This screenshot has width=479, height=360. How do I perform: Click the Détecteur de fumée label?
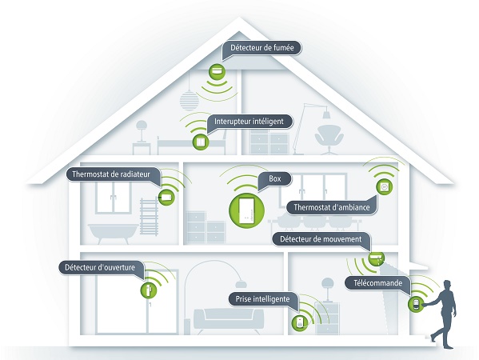pyautogui.click(x=261, y=48)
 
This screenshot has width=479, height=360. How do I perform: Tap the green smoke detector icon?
pyautogui.click(x=217, y=72)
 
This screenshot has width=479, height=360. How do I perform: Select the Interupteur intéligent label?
pyautogui.click(x=249, y=122)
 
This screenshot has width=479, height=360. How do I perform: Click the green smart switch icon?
pyautogui.click(x=201, y=142)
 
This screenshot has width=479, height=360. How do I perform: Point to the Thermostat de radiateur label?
pyautogui.click(x=111, y=174)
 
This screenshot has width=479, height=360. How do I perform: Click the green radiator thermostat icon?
pyautogui.click(x=166, y=197)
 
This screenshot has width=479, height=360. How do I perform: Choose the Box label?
pyautogui.click(x=274, y=178)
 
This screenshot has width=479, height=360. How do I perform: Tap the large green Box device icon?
pyautogui.click(x=246, y=210)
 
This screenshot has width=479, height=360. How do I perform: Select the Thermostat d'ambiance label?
pyautogui.click(x=331, y=207)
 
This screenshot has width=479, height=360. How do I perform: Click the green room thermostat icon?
pyautogui.click(x=385, y=186)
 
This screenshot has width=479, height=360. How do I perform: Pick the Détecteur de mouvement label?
pyautogui.click(x=321, y=239)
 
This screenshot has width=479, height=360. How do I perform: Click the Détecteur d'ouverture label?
pyautogui.click(x=100, y=267)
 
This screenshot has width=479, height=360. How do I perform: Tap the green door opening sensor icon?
pyautogui.click(x=149, y=290)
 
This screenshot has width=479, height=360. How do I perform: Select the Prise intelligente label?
pyautogui.click(x=262, y=299)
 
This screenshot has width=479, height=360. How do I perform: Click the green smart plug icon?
pyautogui.click(x=300, y=322)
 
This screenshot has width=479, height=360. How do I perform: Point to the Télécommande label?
pyautogui.click(x=378, y=283)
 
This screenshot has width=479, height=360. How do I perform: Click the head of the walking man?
pyautogui.click(x=447, y=285)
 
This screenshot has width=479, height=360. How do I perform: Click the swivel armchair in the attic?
pyautogui.click(x=329, y=139)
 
